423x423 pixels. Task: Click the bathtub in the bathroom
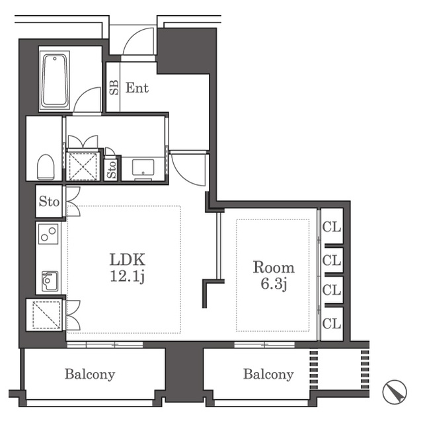(x=55, y=81)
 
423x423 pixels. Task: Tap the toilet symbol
(x=46, y=167)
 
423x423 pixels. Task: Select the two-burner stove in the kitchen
(x=48, y=233)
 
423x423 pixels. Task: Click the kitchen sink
(x=50, y=282)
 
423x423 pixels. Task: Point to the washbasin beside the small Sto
(x=143, y=167)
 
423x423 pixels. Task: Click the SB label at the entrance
(x=114, y=87)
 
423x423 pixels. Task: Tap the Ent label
(x=137, y=88)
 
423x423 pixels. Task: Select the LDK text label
(x=128, y=259)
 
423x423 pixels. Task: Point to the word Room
(x=274, y=267)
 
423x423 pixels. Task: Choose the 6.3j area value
(x=273, y=284)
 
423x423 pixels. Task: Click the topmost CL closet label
(x=332, y=227)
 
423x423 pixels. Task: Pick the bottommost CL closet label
(x=332, y=323)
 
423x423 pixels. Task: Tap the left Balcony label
(x=90, y=375)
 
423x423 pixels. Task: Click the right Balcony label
(x=268, y=375)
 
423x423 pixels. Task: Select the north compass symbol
(x=395, y=392)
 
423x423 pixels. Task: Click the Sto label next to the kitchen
(x=49, y=202)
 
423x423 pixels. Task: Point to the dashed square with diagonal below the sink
(x=46, y=315)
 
